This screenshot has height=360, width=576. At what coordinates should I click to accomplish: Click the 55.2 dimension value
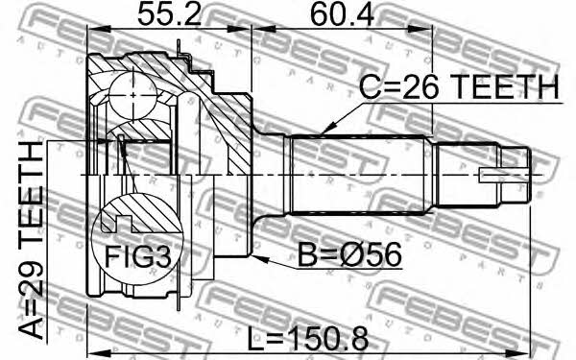[x=169, y=14]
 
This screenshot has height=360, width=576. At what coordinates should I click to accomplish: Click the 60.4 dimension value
[x=342, y=14]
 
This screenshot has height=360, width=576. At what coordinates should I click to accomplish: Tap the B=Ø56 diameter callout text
[x=349, y=255]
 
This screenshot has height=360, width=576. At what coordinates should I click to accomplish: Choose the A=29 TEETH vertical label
[x=32, y=240]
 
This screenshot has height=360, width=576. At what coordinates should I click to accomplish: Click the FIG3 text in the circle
[x=137, y=256]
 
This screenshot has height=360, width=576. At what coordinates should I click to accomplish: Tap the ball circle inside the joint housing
[x=132, y=95]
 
